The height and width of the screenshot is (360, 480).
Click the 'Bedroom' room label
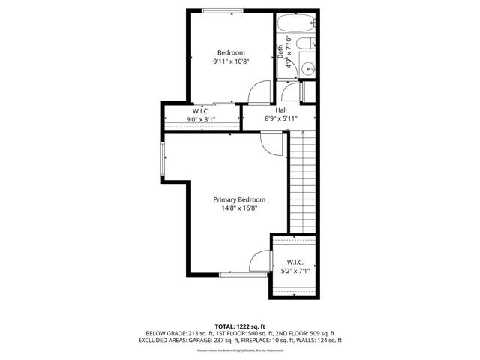point(231,52)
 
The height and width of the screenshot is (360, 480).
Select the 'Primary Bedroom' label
point(239,199)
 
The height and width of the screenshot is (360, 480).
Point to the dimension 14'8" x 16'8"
point(239,209)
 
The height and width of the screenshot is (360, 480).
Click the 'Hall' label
point(281,110)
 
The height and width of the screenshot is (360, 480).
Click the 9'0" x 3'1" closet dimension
point(201,119)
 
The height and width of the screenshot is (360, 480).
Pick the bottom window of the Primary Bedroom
point(242,274)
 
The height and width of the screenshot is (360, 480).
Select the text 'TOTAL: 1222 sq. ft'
point(239,325)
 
